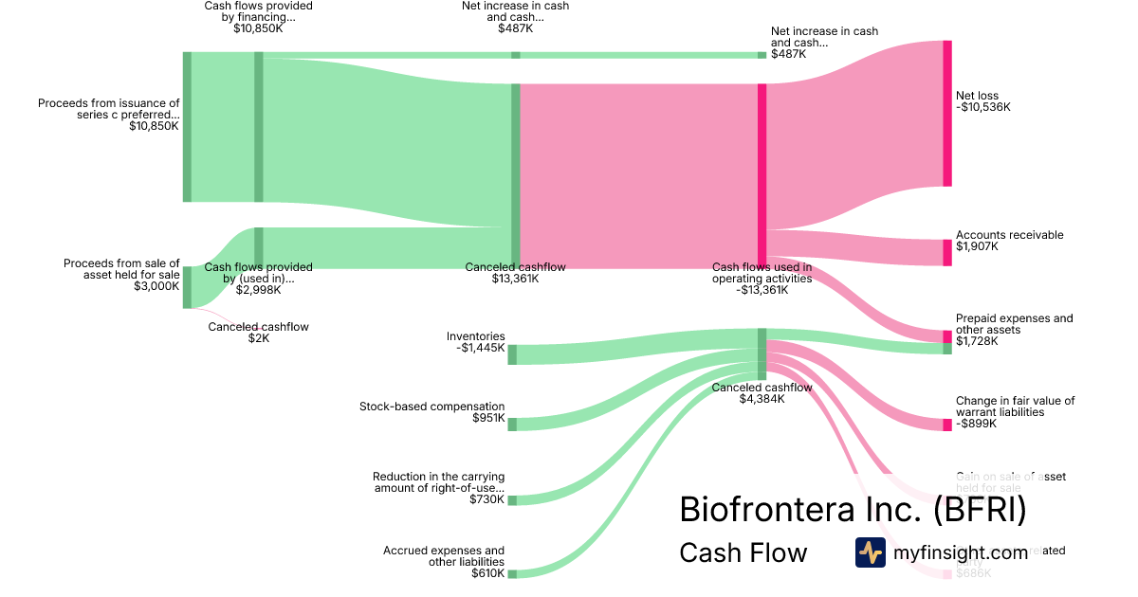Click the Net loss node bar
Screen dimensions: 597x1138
[946, 114]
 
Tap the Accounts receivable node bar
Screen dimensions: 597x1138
[946, 252]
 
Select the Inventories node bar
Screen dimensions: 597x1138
[512, 354]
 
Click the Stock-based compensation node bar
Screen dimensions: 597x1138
[512, 425]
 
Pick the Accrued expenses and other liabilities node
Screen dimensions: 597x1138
[512, 573]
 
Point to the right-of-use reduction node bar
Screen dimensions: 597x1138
[512, 499]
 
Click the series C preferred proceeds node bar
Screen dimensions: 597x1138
[187, 127]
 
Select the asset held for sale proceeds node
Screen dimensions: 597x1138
[187, 287]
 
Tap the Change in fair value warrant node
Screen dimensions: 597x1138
[946, 425]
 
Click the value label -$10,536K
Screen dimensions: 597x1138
[983, 107]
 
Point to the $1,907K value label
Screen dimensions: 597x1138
[977, 246]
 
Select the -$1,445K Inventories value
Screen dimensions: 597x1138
[480, 348]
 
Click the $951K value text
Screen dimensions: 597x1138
[488, 418]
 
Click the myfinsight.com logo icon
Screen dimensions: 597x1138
[870, 552]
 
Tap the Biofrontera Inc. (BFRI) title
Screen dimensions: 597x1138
[853, 510]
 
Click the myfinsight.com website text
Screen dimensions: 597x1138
[960, 552]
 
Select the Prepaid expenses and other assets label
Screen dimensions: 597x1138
[1014, 324]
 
